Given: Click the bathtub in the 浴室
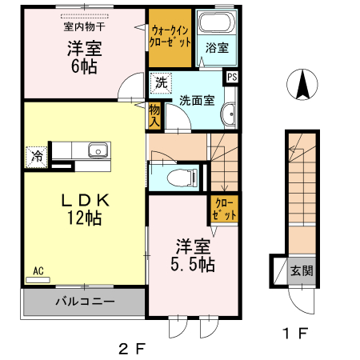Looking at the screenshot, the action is [217, 22].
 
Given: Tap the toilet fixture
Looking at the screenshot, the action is [182, 177].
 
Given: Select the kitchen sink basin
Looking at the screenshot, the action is [98, 150].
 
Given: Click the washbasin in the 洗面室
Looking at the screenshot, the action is [229, 114].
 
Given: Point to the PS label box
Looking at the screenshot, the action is [232, 77].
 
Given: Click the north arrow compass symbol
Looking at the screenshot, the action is [302, 84].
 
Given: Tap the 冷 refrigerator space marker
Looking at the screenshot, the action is [37, 157].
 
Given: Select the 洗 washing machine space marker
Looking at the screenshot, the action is [161, 83].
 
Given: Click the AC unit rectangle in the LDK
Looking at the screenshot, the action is [38, 280].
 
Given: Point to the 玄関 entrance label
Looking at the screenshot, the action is [302, 270].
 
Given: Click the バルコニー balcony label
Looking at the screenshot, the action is [85, 302].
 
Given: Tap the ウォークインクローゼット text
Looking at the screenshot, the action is [170, 37].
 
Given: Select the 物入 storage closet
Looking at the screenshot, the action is [154, 115].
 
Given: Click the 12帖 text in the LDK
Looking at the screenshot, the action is [84, 218].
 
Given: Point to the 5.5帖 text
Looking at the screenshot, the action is [193, 265].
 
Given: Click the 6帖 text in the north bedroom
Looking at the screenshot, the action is [84, 66].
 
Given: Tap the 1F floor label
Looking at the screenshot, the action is [296, 333].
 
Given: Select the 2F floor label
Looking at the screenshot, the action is [133, 349].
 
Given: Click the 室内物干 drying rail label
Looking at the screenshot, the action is [84, 26].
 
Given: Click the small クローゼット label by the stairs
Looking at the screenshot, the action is [224, 209].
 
